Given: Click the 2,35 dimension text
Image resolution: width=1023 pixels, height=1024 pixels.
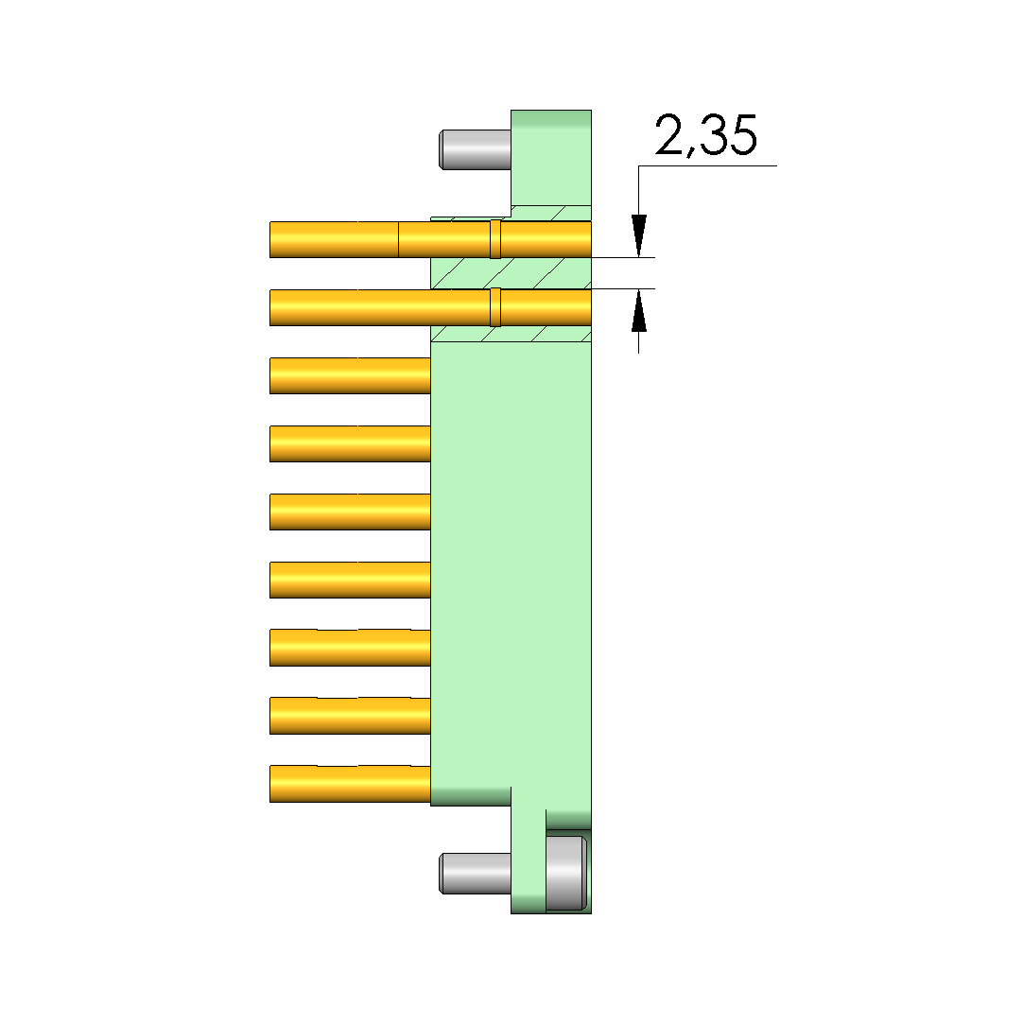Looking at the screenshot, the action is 705,136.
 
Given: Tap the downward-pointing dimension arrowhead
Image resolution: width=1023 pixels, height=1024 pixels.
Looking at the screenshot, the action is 639,235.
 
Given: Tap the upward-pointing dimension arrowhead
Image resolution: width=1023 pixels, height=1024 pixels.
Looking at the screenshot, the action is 639,310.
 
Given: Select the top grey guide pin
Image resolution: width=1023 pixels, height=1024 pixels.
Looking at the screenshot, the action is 476,149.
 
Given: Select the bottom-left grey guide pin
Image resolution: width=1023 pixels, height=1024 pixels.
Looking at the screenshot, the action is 476,873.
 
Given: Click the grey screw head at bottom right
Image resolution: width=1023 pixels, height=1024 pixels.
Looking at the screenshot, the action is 566,873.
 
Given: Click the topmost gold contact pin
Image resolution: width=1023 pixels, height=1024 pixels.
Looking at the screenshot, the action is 430,239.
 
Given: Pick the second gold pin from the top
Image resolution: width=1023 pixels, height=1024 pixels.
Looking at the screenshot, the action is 430,307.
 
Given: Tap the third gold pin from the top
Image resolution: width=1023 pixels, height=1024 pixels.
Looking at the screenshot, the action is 350,375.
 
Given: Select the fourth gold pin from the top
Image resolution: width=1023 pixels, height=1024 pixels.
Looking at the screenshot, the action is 350,443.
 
